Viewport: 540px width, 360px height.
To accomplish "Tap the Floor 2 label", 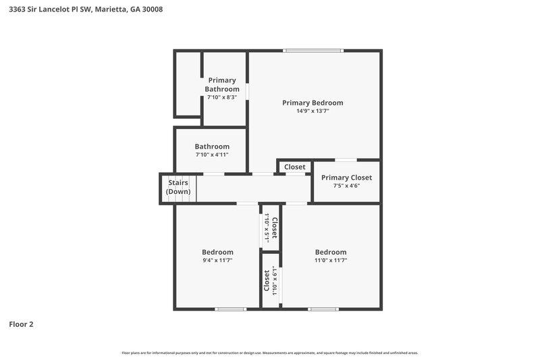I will click(21, 324).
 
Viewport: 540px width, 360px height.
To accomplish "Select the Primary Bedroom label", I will click(313, 103).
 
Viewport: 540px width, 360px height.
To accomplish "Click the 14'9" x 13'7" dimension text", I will click(313, 111).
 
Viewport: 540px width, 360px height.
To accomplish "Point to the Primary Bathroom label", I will click(222, 84).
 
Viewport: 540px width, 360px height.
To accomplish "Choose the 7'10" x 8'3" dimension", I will click(222, 97).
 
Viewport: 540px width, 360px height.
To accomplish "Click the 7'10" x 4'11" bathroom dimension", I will click(212, 155).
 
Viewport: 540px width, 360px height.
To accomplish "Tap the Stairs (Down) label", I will click(178, 187).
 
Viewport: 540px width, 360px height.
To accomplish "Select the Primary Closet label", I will click(346, 178).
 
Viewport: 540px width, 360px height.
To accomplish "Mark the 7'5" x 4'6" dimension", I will click(346, 186).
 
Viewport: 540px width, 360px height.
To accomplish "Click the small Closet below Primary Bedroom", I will click(294, 167).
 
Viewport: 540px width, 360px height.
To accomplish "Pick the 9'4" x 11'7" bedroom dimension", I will click(217, 261).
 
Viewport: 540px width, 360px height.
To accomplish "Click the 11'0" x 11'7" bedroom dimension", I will click(331, 261).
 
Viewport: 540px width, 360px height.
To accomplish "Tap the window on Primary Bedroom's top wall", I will click(313, 51).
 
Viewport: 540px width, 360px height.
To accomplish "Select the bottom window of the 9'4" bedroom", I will click(230, 309).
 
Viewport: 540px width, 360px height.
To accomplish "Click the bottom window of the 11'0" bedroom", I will click(323, 309).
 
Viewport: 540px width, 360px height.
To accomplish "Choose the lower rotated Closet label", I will click(267, 280).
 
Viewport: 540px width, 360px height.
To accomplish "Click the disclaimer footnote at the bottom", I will click(270, 353).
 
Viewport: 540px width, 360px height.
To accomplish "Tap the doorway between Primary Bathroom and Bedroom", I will click(248, 91).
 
